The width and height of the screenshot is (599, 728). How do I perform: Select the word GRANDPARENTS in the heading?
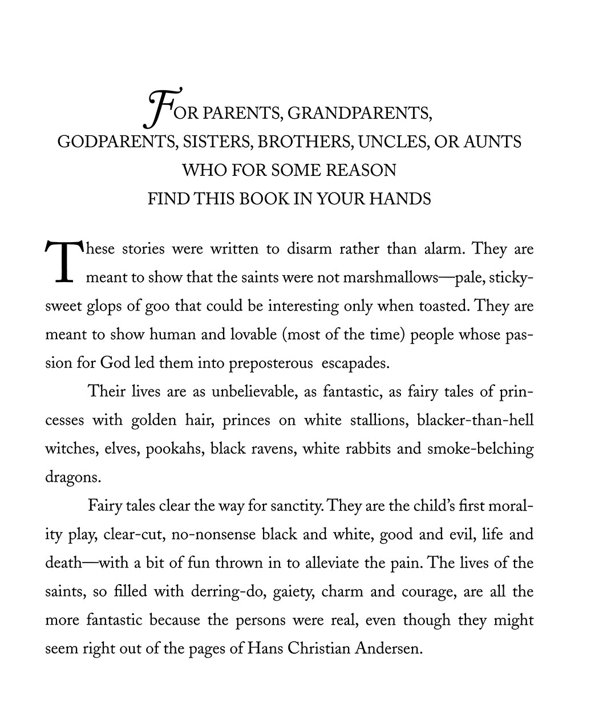coord(359,114)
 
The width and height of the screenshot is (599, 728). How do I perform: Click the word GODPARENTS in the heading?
coord(115,142)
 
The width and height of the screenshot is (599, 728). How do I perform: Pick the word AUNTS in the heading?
coord(493,142)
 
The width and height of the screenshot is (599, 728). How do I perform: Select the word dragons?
coord(68,478)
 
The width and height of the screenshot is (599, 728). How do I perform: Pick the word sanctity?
coord(295,506)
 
